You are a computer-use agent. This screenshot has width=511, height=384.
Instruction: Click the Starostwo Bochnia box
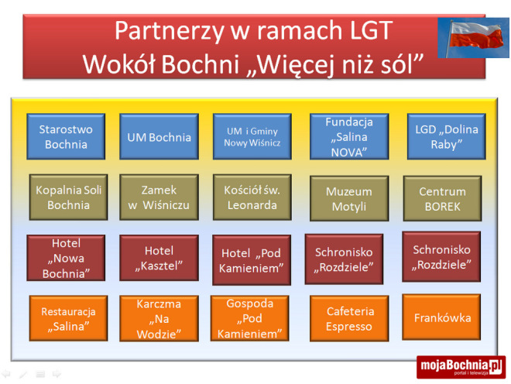66,137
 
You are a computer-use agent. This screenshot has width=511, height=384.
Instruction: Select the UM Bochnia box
159,137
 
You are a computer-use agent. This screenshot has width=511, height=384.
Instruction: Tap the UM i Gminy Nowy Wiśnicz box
252,137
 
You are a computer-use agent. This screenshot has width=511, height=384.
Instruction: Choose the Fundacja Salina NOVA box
349,137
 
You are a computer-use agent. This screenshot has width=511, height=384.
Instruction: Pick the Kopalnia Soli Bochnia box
69,197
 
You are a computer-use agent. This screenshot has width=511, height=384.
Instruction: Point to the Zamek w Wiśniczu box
159,197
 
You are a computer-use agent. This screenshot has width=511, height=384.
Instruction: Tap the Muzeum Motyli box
348,199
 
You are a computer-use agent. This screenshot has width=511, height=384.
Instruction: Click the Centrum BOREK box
442,198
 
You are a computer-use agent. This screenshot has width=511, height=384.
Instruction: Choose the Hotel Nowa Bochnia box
66,259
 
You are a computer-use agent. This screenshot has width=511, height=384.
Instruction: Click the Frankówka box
442,317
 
